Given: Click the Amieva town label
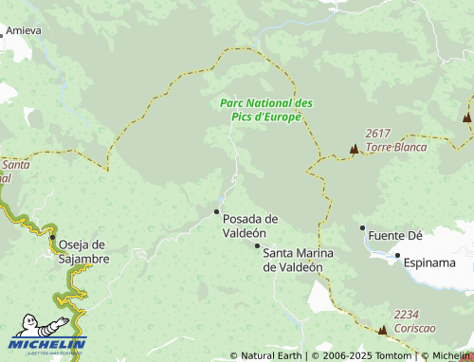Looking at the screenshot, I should pos(25,30).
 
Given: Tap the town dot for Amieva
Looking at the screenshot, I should pos(2,30).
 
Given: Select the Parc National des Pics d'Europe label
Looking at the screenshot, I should pos(265,110).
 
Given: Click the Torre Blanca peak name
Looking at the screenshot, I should pos(395,147).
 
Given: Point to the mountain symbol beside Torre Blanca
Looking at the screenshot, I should pos(355,149).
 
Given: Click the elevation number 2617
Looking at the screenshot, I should pos(378,135).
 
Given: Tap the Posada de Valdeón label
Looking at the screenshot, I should pos(250,226).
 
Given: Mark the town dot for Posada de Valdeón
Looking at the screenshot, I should pos(217,211).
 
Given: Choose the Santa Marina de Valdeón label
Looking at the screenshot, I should pos(293,260).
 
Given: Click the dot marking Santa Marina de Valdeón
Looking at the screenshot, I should pos(257,245).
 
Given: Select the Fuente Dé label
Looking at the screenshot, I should pos(395,235).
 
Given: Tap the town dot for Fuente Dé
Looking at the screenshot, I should pos(362,227).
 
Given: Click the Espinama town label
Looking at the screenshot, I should pos(429,262).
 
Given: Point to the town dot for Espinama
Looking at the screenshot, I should pos(397,255).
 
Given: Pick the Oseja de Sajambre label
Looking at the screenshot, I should pos(83,251).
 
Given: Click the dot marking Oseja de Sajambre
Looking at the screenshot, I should pos(53,237).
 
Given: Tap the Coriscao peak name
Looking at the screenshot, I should pos(413,327).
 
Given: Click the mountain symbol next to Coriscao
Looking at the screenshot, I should pos(382,330).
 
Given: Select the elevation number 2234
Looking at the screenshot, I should pos(407,315).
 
